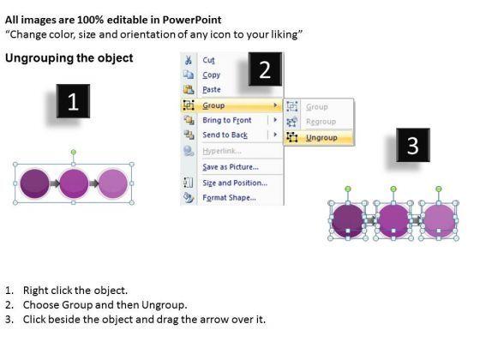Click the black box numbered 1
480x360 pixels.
(x=73, y=101)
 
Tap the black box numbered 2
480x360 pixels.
(x=265, y=69)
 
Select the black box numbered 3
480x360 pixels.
(x=413, y=145)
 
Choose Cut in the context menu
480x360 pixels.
(x=209, y=60)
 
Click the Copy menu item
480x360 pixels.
(x=211, y=75)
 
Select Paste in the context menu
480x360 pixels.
(x=212, y=90)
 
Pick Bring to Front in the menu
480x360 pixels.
(x=227, y=120)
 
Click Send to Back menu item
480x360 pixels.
(x=225, y=135)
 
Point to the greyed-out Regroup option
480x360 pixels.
(x=321, y=122)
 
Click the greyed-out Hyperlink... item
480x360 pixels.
(x=222, y=151)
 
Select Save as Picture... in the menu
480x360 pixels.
(x=231, y=167)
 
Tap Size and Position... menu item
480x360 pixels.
(x=235, y=183)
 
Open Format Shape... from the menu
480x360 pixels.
(x=229, y=197)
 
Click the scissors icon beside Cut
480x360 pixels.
(x=189, y=60)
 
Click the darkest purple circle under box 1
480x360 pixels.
(x=34, y=183)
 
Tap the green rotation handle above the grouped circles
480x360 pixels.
(x=73, y=153)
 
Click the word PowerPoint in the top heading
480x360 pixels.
(x=192, y=20)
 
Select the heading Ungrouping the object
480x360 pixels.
(x=69, y=58)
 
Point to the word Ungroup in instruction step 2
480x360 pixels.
(x=164, y=305)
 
